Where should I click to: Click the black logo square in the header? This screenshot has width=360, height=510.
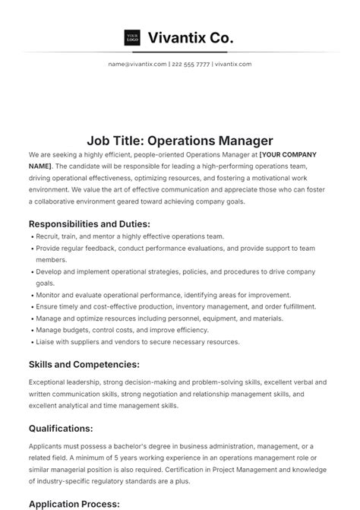(x=132, y=37)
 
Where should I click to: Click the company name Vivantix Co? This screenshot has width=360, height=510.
(x=191, y=37)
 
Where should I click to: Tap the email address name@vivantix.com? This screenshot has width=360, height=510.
(x=137, y=64)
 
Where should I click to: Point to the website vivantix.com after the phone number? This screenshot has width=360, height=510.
(x=233, y=64)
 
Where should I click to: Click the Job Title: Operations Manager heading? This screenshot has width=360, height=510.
(x=179, y=141)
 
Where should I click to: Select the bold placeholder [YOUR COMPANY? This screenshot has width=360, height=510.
(x=288, y=154)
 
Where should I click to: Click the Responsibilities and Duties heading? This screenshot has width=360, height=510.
(x=89, y=223)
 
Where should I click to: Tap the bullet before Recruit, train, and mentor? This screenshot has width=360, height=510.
(x=31, y=237)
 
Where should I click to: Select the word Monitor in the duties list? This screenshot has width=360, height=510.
(x=49, y=294)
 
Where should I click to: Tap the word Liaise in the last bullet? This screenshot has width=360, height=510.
(x=46, y=341)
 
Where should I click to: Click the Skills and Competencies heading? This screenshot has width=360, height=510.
(x=84, y=365)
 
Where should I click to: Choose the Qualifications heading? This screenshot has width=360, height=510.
(x=61, y=429)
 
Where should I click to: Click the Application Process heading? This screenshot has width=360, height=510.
(x=74, y=503)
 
